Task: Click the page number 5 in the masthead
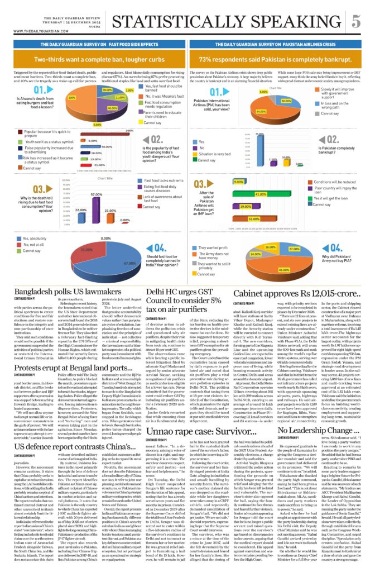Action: click(x=355, y=21)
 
